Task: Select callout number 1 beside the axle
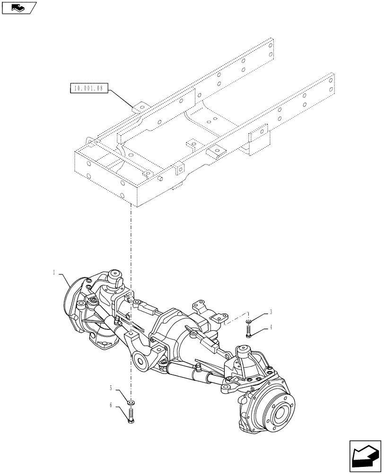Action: pos(54,273)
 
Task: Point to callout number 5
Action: pos(111,388)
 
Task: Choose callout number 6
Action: pos(111,405)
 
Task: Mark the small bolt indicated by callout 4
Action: pos(248,331)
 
